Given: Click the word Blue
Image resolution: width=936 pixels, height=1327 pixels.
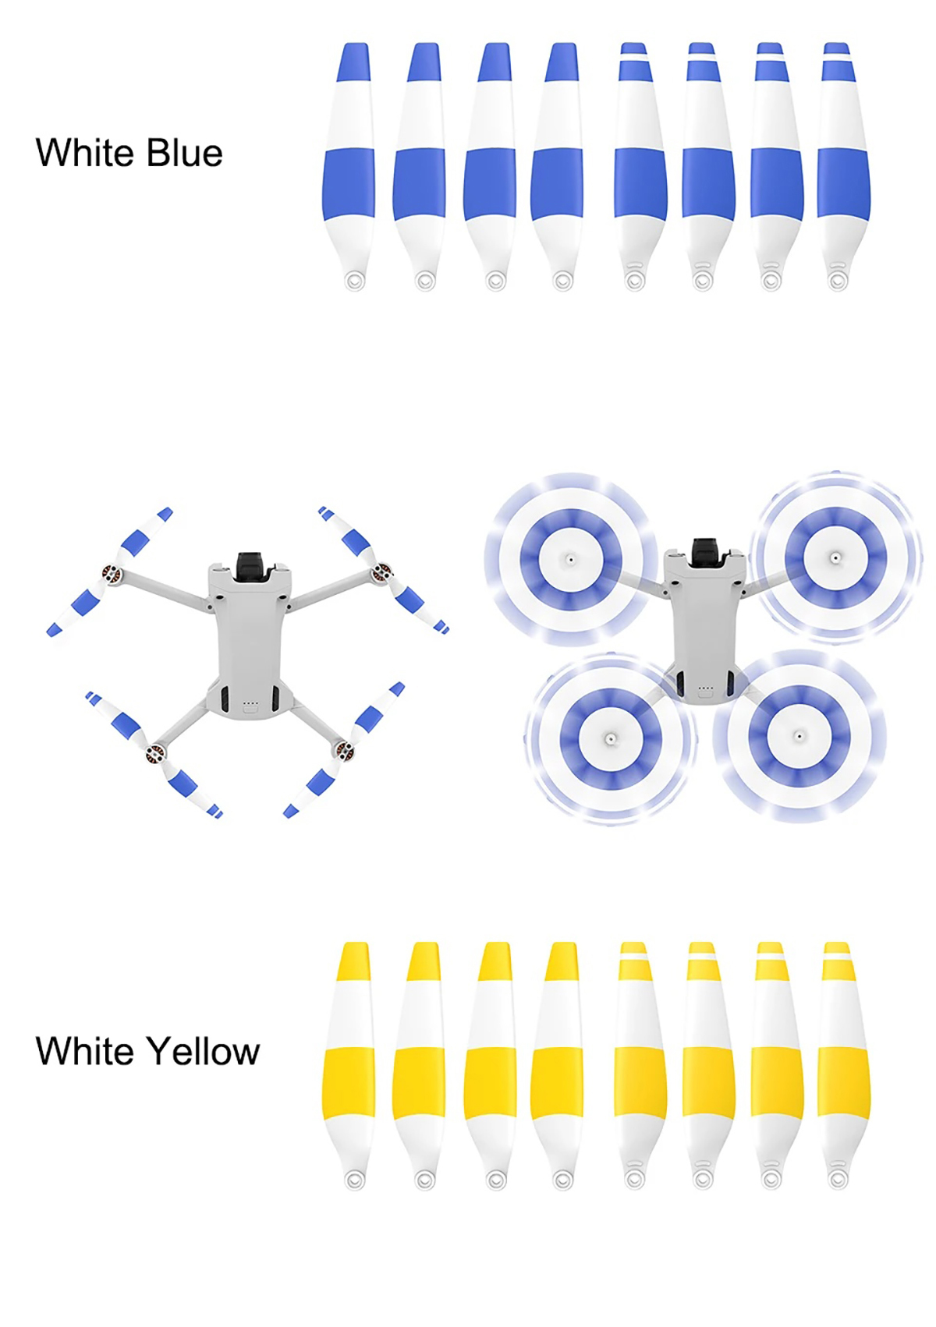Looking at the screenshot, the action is [x=184, y=152].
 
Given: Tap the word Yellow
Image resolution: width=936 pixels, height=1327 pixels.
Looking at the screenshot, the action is [x=204, y=1052].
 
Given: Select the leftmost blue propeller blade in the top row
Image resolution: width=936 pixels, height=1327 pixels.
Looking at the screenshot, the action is [x=349, y=167].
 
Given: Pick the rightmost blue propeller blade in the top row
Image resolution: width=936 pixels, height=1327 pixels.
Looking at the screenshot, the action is [x=842, y=167].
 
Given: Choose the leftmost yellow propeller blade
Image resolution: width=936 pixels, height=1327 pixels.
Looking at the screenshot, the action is [x=349, y=1065].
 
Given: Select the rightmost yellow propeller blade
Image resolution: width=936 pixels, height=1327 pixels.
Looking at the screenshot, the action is [x=842, y=1065].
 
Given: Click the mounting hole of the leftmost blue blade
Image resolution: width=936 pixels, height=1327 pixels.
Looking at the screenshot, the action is [x=355, y=280].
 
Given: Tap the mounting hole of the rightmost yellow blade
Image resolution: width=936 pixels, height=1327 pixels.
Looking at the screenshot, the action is [x=837, y=1179].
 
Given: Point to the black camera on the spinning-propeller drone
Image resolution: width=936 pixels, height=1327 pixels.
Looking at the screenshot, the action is [x=705, y=552].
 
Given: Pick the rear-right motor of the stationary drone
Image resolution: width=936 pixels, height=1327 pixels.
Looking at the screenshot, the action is [x=345, y=751].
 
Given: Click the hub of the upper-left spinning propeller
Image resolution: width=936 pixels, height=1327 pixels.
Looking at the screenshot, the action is [x=570, y=559].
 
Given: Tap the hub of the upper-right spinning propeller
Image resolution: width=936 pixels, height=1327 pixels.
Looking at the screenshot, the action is [x=835, y=557].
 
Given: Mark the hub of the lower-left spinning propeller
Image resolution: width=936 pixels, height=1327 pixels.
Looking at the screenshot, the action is [x=611, y=738].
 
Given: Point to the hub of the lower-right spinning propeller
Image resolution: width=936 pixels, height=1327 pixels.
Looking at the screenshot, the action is [x=799, y=736].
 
